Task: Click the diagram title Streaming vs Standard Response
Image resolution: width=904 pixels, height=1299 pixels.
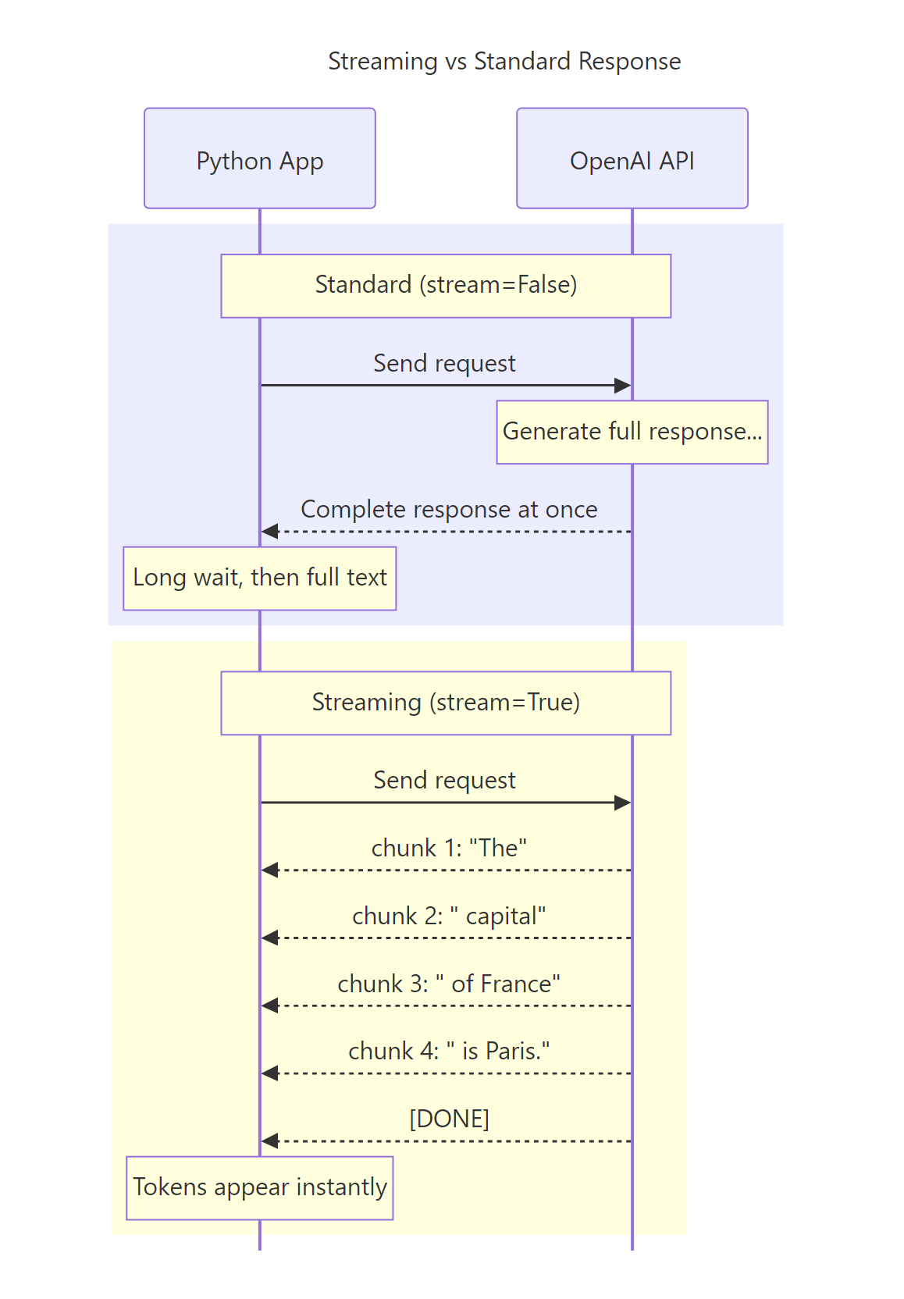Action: click(x=504, y=61)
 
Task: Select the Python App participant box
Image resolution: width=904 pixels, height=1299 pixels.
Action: click(x=259, y=158)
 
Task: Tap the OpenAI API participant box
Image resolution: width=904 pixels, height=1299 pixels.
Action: click(x=632, y=158)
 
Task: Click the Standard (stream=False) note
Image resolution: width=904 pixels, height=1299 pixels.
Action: click(x=446, y=286)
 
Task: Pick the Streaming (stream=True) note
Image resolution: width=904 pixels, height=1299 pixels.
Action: click(x=446, y=703)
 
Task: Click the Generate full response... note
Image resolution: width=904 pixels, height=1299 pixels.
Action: click(x=632, y=432)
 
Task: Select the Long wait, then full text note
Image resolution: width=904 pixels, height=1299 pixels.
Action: click(x=259, y=578)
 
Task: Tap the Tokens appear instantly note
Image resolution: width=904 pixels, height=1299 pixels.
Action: click(x=259, y=1187)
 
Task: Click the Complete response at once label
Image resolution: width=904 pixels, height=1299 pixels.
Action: click(x=449, y=509)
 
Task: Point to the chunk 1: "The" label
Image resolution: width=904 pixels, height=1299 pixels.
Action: click(x=449, y=848)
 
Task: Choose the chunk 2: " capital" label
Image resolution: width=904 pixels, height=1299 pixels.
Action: click(x=449, y=916)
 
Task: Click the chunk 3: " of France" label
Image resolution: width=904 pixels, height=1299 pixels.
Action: click(x=449, y=984)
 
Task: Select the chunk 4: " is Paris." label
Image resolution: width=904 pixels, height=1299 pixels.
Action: click(x=449, y=1052)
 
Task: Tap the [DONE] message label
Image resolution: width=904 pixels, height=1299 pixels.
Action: click(x=449, y=1119)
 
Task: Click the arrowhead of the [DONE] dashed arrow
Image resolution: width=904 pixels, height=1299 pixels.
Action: click(x=269, y=1141)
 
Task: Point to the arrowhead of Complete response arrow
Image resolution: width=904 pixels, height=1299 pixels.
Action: click(x=269, y=532)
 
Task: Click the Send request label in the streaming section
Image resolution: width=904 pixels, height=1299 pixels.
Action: click(x=444, y=780)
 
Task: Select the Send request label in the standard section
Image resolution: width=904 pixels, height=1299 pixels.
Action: click(x=444, y=363)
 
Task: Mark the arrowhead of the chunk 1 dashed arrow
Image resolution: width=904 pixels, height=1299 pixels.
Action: click(x=269, y=870)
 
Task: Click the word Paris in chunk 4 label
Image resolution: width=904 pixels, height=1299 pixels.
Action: click(x=513, y=1052)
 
